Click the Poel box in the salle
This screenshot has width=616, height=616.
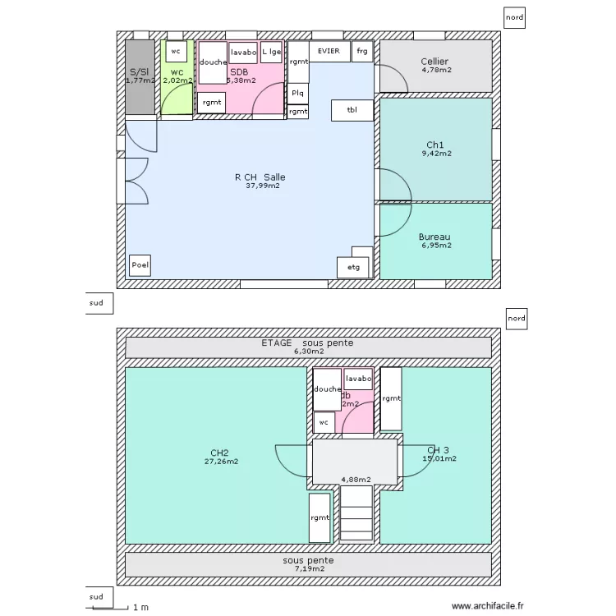(x=140, y=266)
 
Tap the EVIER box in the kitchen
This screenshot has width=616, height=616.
(x=329, y=51)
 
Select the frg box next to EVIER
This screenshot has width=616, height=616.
(x=362, y=51)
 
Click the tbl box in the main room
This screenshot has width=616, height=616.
(x=352, y=110)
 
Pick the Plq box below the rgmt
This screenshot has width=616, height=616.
(x=297, y=93)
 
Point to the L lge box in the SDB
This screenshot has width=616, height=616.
(x=272, y=52)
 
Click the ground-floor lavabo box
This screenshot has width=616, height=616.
(x=243, y=53)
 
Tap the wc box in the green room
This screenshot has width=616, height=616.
(x=175, y=51)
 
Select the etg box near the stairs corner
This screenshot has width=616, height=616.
(x=354, y=267)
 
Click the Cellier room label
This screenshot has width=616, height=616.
(x=434, y=62)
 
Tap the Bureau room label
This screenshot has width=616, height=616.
(x=434, y=237)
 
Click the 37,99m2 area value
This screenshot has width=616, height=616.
(x=262, y=186)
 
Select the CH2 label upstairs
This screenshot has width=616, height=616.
(x=219, y=453)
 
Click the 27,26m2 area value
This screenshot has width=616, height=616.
(x=222, y=462)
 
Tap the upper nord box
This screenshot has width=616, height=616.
(x=514, y=16)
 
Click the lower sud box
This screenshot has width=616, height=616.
(x=97, y=597)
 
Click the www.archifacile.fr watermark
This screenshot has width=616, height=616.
(x=486, y=606)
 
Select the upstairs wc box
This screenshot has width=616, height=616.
(x=324, y=422)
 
